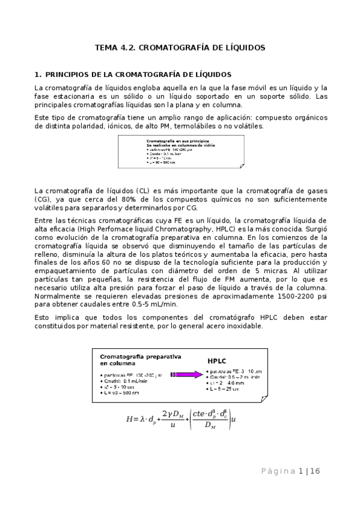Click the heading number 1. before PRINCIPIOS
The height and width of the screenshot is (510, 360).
38,75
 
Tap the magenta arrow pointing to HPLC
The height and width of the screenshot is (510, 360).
186,374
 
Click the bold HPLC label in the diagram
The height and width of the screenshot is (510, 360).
216,362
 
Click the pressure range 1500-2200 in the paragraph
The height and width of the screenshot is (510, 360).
277,296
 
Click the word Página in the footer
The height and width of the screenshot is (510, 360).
278,472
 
